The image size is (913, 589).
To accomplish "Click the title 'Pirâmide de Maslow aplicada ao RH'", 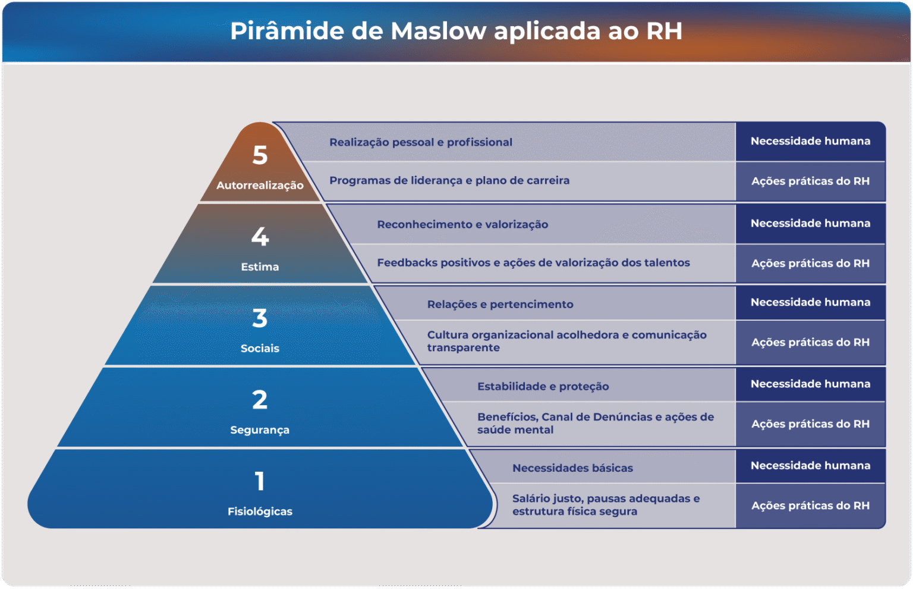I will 456,32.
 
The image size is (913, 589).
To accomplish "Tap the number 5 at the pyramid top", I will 260,155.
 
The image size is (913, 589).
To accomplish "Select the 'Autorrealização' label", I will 260,186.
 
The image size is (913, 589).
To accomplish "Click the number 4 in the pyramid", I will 260,237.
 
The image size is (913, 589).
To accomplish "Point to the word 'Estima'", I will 260,267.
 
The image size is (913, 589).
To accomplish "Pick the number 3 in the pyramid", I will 260,318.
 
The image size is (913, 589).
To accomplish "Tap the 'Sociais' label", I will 260,349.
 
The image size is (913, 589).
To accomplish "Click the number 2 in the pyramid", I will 260,400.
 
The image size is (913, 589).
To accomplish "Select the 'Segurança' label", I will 260,430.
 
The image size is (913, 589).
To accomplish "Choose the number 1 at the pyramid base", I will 260,481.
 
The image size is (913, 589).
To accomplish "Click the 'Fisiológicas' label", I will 260,512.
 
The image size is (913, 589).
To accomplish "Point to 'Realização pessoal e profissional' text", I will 420,142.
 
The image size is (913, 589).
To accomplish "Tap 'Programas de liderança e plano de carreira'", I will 449,180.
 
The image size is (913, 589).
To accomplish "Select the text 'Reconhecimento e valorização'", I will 462,224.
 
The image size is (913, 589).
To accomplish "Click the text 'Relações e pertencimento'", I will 500,305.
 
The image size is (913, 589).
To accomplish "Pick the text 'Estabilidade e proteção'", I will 543,387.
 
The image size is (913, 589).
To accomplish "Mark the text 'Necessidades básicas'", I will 572,468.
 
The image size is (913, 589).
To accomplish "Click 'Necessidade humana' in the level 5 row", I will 810,141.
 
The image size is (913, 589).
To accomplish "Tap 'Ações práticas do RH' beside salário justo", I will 810,506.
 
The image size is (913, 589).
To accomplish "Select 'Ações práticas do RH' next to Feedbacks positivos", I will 810,264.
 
